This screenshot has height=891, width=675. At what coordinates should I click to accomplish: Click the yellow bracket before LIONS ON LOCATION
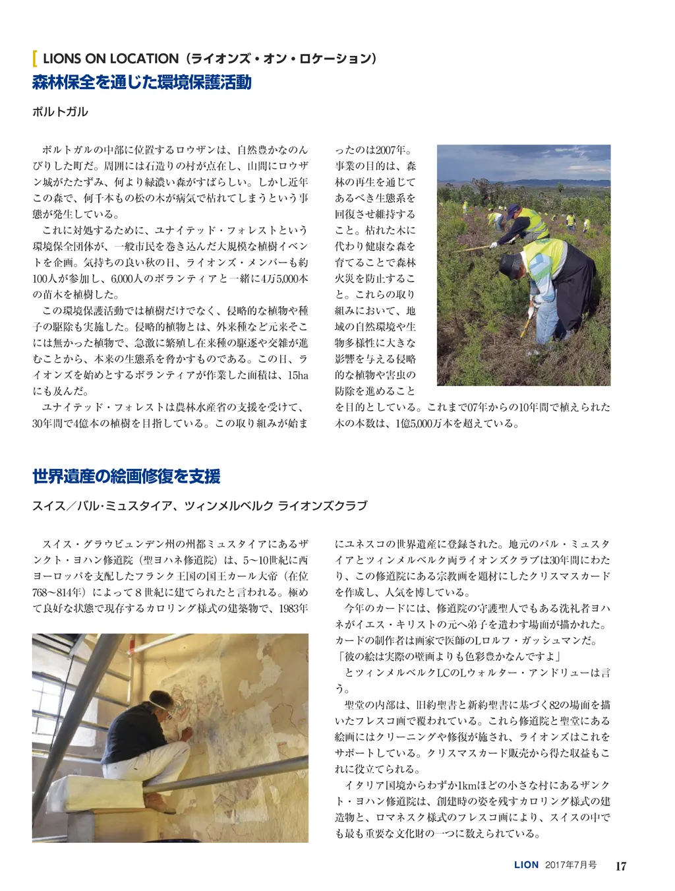coord(34,59)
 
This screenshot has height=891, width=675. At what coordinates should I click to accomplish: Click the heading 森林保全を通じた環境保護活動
coord(142,83)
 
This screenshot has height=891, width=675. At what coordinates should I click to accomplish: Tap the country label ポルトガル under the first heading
coord(60,111)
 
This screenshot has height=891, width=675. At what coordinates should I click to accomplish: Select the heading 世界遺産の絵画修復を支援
coord(126,476)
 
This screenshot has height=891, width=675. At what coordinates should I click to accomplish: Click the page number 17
coord(620,866)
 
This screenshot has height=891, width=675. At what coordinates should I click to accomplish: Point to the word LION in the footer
coord(526,865)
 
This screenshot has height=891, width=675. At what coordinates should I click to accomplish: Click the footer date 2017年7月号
coord(571,865)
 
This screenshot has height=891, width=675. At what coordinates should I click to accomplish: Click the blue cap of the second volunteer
coord(514,210)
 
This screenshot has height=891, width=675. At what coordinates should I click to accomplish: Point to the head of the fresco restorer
coord(160,704)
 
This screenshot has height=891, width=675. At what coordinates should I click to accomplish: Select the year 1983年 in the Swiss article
coord(293,609)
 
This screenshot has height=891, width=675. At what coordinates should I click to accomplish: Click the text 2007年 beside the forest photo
coord(394,150)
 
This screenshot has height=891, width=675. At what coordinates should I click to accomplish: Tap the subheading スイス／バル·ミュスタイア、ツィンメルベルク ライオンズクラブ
coord(200,506)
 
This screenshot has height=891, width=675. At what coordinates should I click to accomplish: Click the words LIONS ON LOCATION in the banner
coord(110,59)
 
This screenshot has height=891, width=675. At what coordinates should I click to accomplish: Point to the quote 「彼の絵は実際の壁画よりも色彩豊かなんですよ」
coord(448,657)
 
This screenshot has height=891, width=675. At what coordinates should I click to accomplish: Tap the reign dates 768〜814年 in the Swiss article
coord(59,592)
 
